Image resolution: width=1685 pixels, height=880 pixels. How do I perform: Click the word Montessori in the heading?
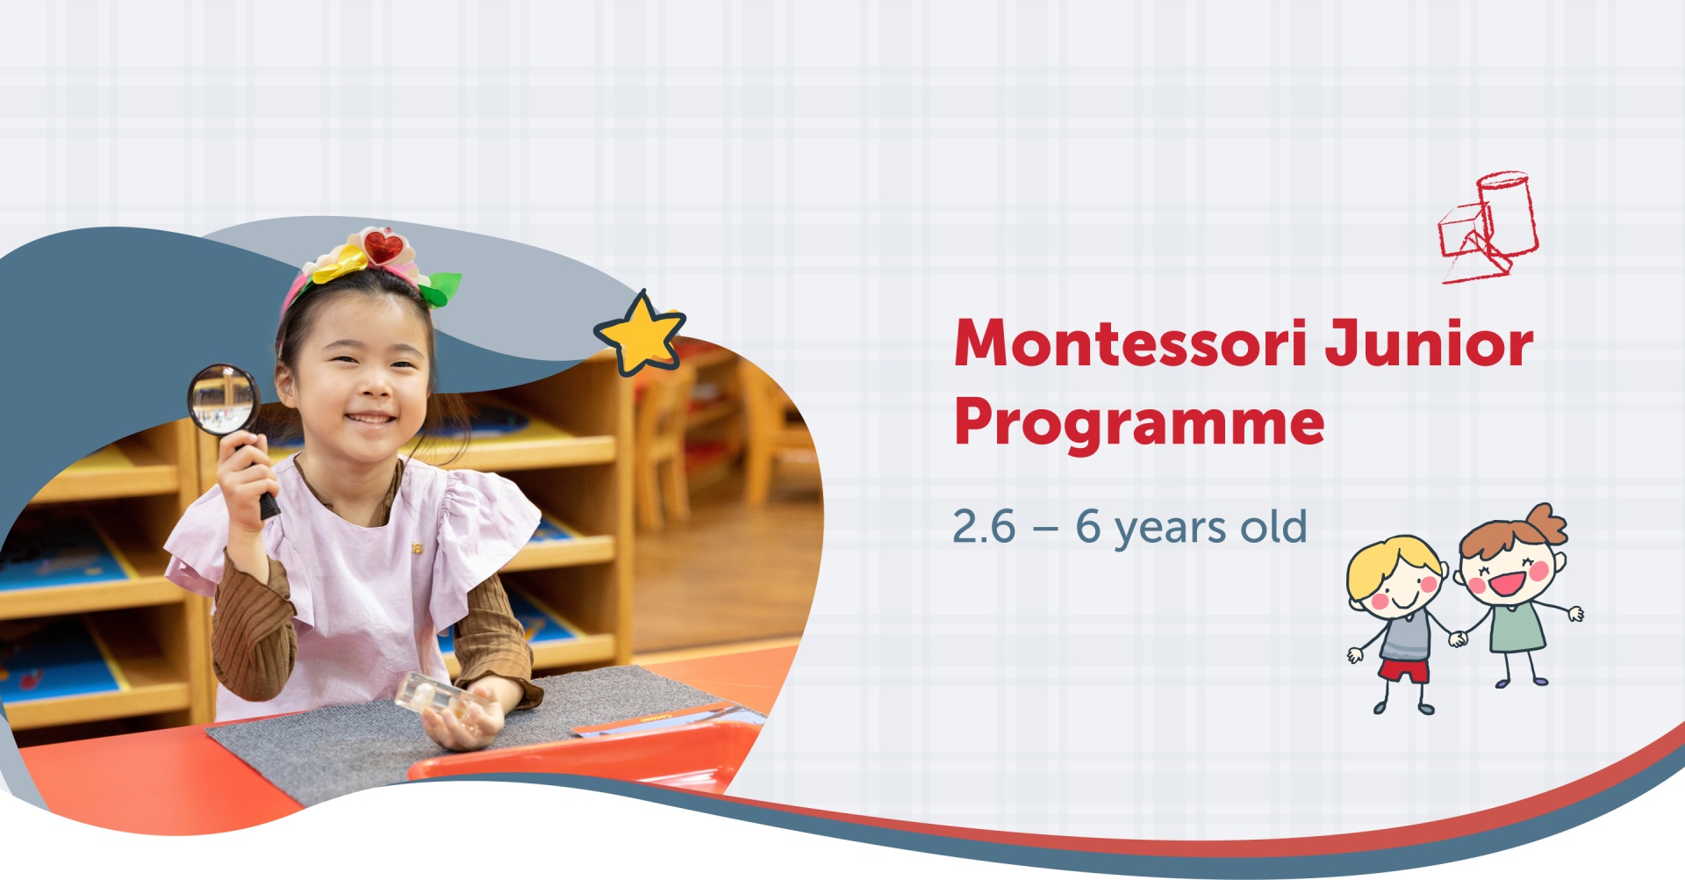1132,343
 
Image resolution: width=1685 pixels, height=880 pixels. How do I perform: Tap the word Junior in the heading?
1429,343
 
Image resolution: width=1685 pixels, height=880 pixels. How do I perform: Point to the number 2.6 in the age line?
984,527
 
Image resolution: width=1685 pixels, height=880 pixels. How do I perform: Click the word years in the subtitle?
1171,529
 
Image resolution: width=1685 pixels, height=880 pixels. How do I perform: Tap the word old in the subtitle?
1273,526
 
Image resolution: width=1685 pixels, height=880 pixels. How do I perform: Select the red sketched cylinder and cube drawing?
1488,227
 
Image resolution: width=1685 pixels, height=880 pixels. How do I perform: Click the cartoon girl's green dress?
1516,625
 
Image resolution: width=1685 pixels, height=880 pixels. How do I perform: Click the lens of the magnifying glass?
222,399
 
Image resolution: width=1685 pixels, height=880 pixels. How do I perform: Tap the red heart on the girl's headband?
383,248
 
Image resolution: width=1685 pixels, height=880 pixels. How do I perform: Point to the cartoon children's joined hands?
1458,638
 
